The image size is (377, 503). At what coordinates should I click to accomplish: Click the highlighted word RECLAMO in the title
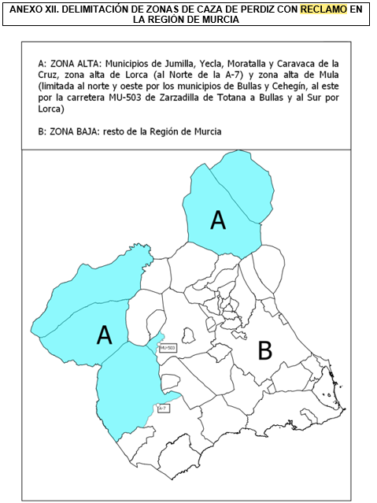323,9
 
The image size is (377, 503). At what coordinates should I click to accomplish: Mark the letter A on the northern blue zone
218,221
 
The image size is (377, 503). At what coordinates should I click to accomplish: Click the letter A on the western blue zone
104,335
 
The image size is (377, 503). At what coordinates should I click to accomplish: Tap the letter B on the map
265,350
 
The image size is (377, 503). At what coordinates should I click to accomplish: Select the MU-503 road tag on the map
167,347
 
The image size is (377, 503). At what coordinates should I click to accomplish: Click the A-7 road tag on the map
163,409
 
